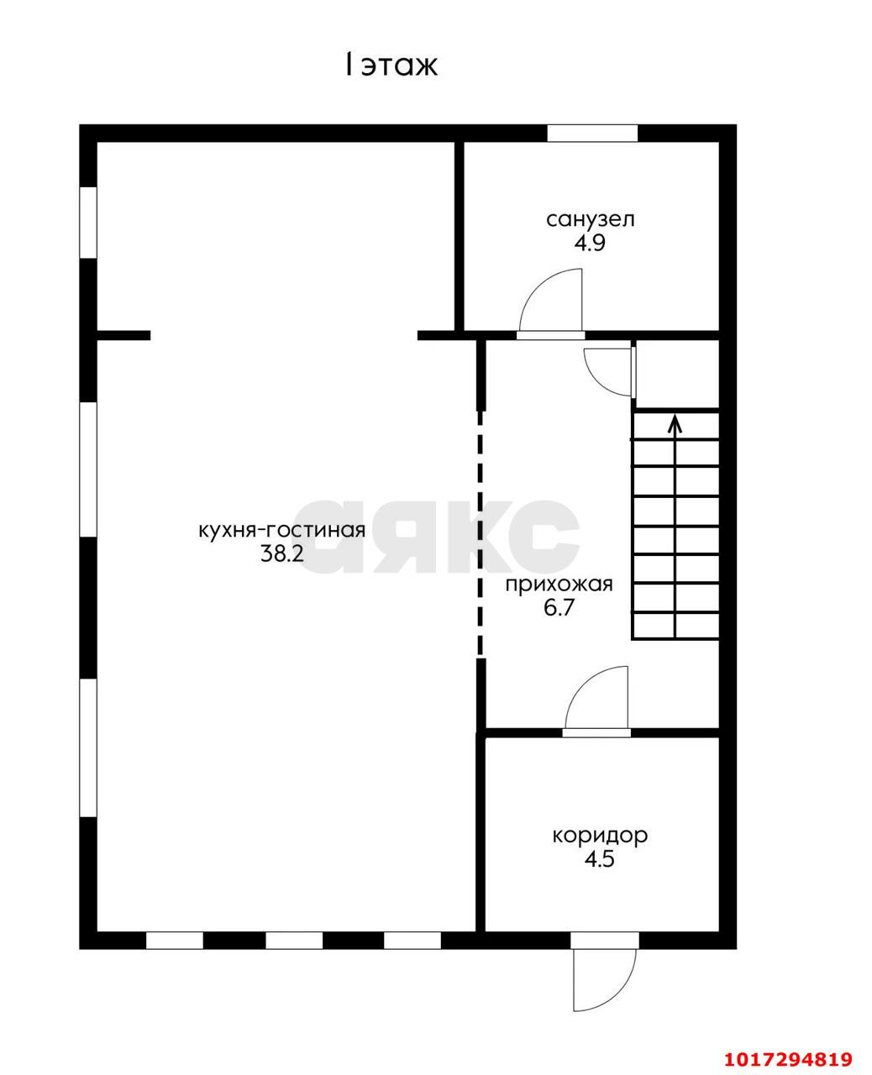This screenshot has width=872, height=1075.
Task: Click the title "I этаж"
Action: [x=391, y=66]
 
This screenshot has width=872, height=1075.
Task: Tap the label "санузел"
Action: [x=590, y=219]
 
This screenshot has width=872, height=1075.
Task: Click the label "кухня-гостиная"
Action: [x=281, y=531]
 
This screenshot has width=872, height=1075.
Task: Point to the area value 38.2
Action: [x=281, y=554]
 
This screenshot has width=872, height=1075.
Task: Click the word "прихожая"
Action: [x=559, y=585]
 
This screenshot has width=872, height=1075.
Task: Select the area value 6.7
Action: [x=559, y=608]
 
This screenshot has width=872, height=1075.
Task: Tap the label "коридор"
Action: [x=600, y=836]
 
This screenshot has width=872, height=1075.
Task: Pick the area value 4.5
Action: [x=599, y=859]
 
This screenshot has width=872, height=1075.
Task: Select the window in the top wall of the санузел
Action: [x=592, y=134]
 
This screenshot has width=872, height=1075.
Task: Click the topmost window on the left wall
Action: [x=88, y=223]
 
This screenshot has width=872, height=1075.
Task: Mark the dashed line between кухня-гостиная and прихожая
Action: [x=481, y=533]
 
